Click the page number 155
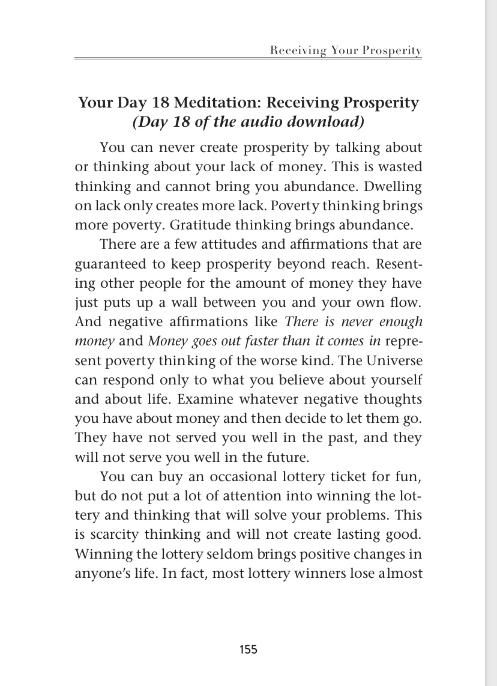pos(248,649)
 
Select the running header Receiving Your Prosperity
pos(346,50)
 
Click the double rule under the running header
pos(248,59)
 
